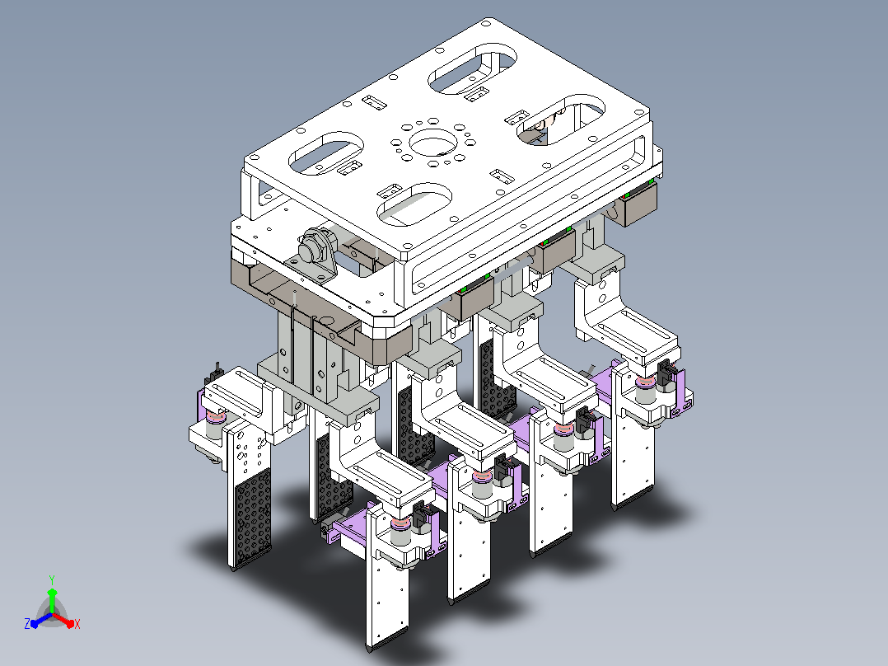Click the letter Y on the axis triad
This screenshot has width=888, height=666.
(52, 579)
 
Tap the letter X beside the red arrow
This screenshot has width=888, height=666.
(77, 624)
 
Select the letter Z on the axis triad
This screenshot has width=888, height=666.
(27, 624)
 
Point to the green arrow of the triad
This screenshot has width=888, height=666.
(52, 600)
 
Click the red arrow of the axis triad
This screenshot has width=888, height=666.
(63, 620)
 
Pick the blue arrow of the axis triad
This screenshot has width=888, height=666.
(41, 620)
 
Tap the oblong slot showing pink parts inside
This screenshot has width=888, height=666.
(561, 120)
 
